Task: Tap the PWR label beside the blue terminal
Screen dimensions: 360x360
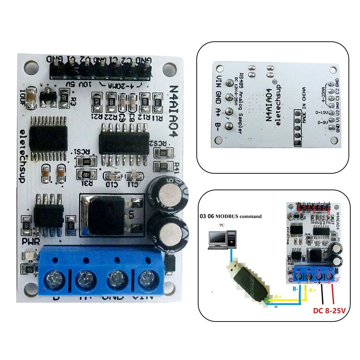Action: [30, 241]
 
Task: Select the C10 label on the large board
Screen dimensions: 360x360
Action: [112, 184]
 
